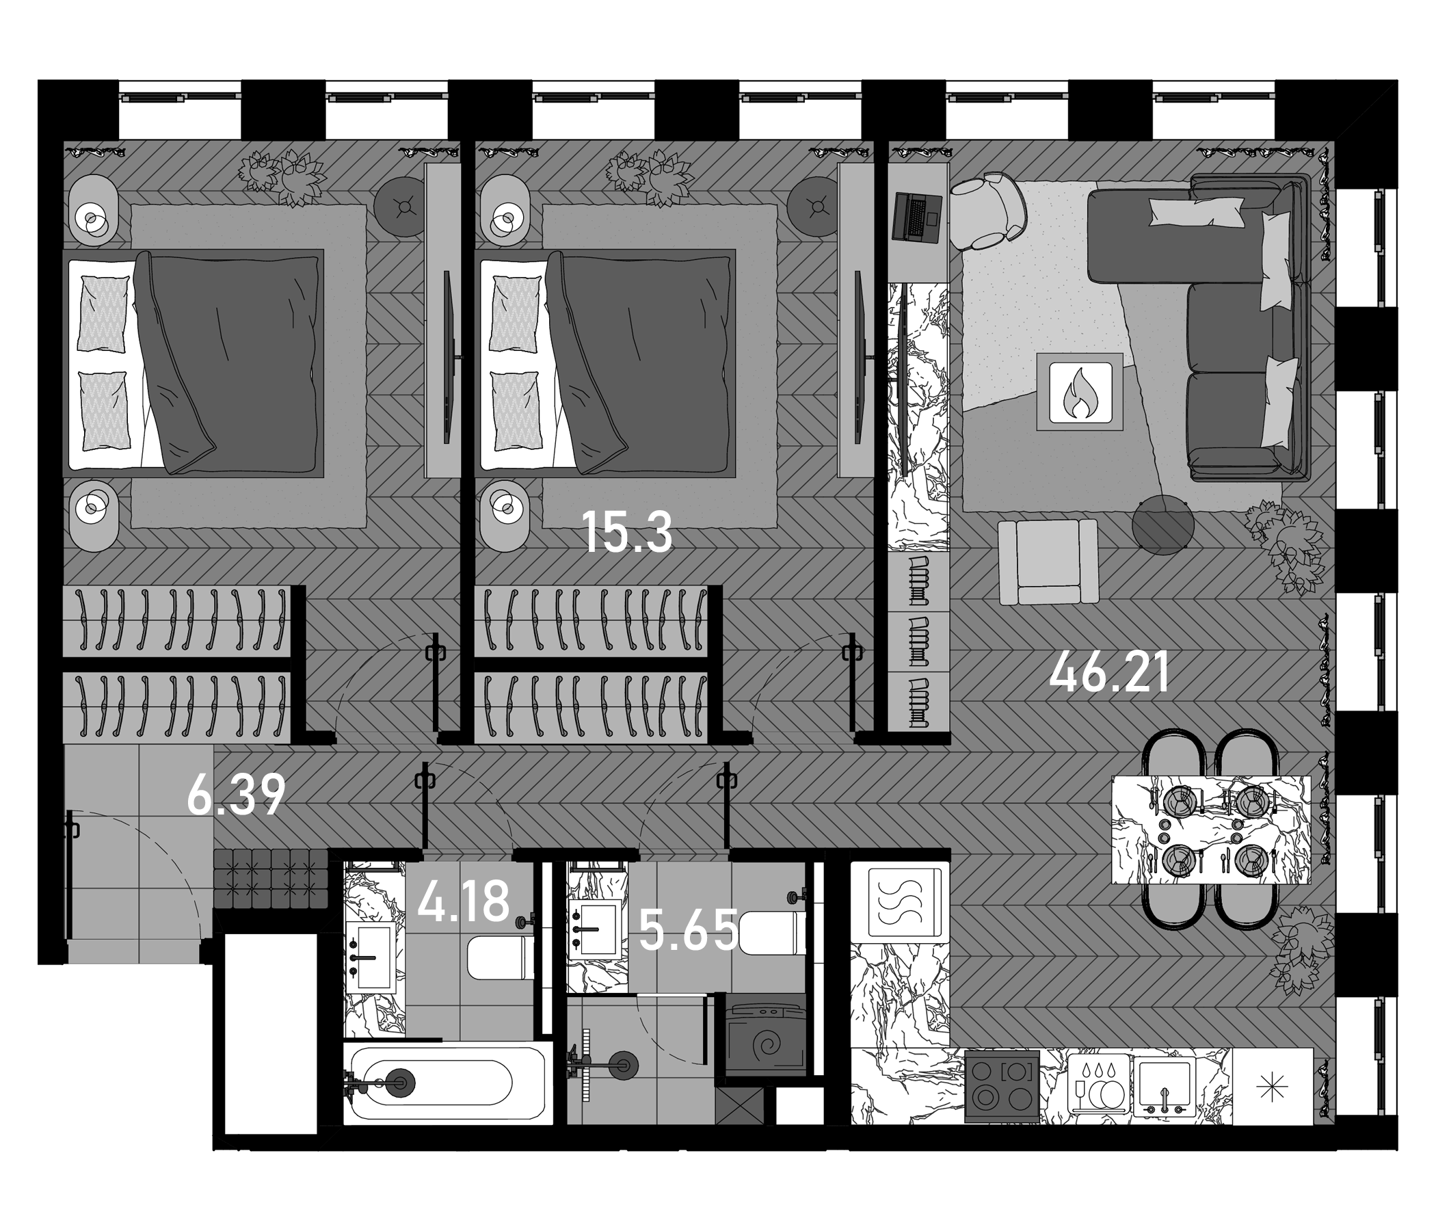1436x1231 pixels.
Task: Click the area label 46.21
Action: pyautogui.click(x=1110, y=674)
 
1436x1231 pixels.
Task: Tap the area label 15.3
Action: pyautogui.click(x=627, y=532)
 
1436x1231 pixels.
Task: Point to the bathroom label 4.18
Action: pyautogui.click(x=464, y=901)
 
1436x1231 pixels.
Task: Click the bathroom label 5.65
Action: pyautogui.click(x=689, y=930)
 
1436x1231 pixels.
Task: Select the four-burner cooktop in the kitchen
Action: pyautogui.click(x=1002, y=1085)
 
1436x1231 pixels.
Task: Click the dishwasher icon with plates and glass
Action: pyautogui.click(x=1098, y=1085)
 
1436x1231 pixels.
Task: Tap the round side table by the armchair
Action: pyautogui.click(x=1163, y=525)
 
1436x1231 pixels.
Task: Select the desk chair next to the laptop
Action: pyautogui.click(x=988, y=210)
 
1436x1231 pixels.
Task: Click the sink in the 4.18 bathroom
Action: pyautogui.click(x=372, y=957)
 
